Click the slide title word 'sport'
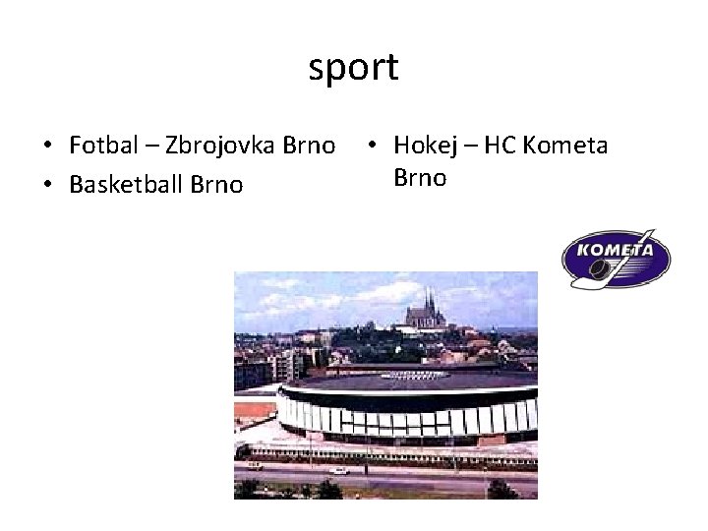point(353,68)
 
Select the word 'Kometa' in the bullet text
point(567,147)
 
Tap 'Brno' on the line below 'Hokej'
point(420,179)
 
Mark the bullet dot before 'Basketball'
point(47,185)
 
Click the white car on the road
point(339,470)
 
